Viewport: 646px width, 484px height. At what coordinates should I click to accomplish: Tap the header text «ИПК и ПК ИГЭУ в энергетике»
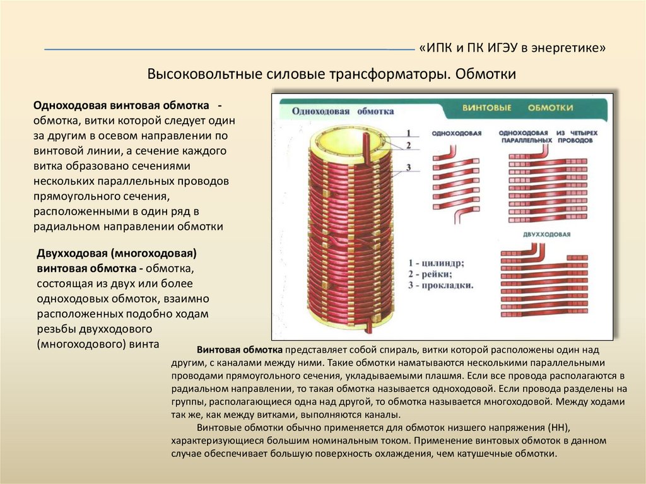(512, 49)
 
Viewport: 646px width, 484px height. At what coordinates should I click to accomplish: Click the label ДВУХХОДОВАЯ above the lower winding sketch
(547, 235)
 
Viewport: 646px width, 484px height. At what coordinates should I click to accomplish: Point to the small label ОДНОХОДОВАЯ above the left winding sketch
(456, 134)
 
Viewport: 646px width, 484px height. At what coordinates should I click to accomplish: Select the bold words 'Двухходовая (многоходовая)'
(117, 254)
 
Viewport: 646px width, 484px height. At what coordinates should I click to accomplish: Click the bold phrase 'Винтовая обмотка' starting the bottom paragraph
(239, 350)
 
